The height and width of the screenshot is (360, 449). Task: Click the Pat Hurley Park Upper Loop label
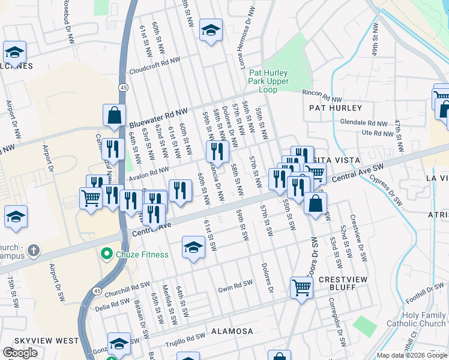click(269, 81)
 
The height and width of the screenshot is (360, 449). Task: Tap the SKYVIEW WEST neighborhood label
click(46, 341)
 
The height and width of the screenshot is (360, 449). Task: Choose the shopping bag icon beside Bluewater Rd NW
click(114, 115)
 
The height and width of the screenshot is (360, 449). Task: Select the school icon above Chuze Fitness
click(193, 247)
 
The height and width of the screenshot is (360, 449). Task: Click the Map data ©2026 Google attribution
click(412, 355)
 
